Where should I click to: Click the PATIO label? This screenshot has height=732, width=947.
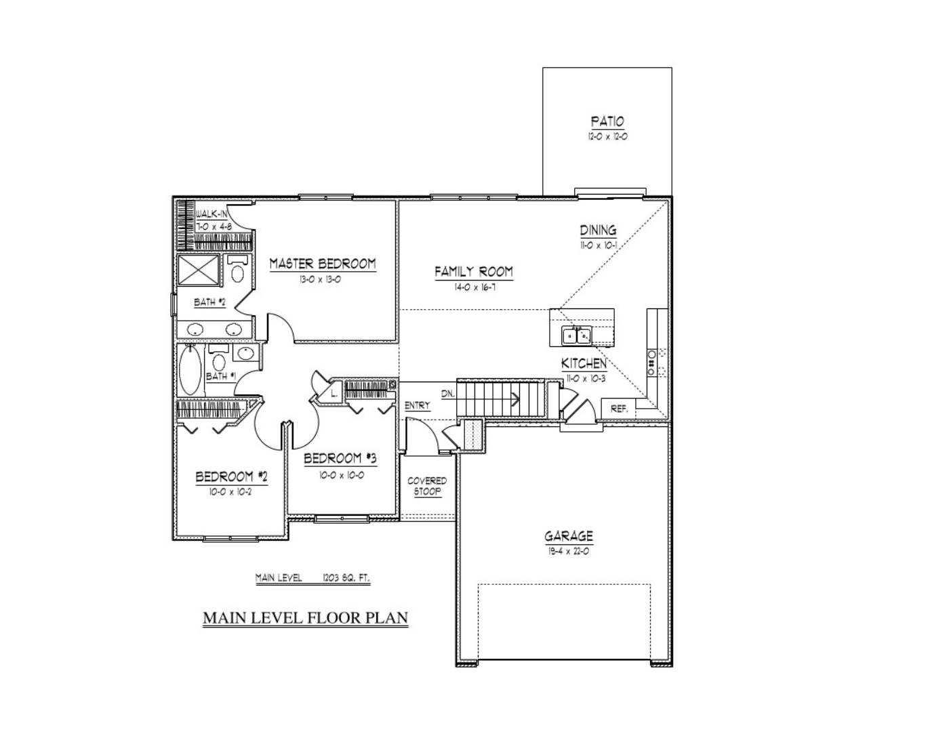tap(607, 122)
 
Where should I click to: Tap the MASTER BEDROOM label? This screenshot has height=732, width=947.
tap(323, 264)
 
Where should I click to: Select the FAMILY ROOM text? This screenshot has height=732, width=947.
tap(474, 272)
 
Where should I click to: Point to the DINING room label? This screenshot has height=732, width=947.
tap(598, 230)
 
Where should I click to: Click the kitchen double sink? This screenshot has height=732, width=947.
tap(576, 335)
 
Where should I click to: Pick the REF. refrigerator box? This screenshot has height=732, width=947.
tap(619, 409)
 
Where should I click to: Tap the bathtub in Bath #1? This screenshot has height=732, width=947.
tap(190, 370)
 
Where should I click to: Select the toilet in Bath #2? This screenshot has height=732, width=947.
tap(237, 271)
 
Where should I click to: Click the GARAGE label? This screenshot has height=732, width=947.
tap(569, 537)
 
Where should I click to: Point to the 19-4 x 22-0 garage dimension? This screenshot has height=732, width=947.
tap(569, 552)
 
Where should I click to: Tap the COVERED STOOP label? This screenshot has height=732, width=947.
tap(427, 486)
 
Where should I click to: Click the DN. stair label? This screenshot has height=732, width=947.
tap(447, 393)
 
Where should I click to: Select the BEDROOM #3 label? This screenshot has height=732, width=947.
tap(340, 459)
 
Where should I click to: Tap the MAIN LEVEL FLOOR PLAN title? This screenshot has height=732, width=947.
tap(306, 618)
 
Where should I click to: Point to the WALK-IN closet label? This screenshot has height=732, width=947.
tap(212, 214)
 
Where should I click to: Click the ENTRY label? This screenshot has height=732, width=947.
tap(417, 405)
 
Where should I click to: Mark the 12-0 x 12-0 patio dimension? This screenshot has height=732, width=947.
tap(607, 137)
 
